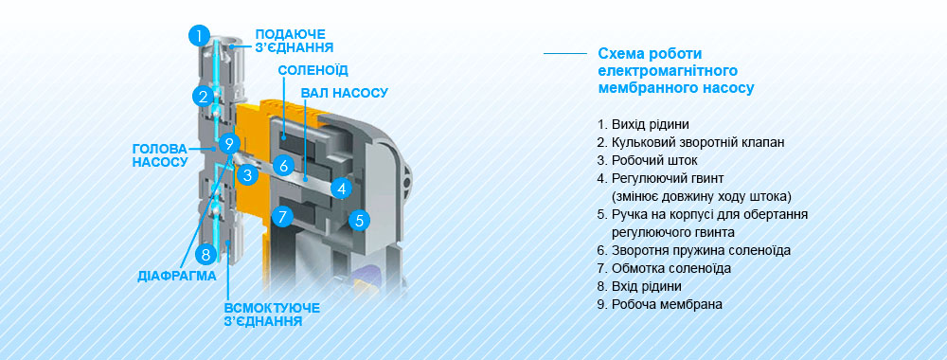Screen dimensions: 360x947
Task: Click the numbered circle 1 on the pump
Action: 199,36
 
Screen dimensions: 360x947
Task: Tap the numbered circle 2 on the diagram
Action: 203,96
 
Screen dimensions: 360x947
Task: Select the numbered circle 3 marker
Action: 246,174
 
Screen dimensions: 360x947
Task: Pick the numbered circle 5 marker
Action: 357,222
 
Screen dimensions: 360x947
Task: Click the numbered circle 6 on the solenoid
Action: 282,165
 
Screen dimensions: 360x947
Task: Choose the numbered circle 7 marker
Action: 281,216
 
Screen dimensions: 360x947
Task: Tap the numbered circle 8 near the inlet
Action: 205,254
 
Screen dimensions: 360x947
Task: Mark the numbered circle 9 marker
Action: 227,144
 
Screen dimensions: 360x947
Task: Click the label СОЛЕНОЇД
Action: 313,70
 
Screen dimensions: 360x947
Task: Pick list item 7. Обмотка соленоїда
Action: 664,268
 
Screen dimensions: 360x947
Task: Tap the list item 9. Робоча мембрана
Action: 659,304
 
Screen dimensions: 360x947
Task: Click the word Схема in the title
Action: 619,53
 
